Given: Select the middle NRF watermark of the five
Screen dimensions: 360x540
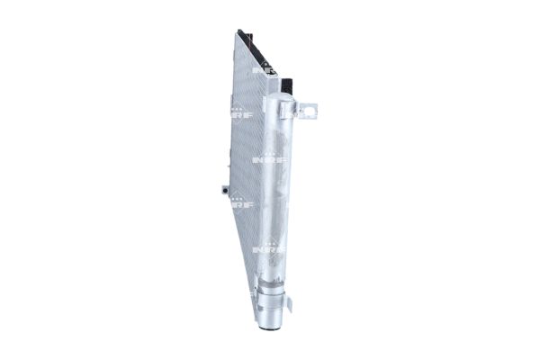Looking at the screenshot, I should coord(268,159).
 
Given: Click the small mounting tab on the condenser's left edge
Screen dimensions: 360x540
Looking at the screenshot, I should coord(220,189).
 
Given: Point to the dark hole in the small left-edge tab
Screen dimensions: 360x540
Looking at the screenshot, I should coord(219,190).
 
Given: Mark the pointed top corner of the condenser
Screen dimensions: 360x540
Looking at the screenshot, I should coord(239,31).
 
